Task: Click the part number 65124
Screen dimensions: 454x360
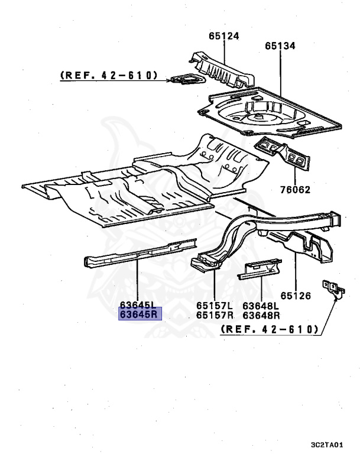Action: coord(223,37)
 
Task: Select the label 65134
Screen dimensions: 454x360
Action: coord(280,46)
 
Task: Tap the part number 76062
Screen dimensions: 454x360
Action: coord(296,190)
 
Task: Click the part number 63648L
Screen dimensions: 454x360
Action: coord(261,306)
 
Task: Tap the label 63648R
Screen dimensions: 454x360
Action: coord(261,314)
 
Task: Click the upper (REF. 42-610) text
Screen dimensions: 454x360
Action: coord(109,75)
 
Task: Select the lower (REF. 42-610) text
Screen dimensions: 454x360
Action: coord(270,329)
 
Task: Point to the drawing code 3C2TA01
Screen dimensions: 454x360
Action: coord(327,444)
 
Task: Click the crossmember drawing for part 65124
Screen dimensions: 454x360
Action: coord(222,68)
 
